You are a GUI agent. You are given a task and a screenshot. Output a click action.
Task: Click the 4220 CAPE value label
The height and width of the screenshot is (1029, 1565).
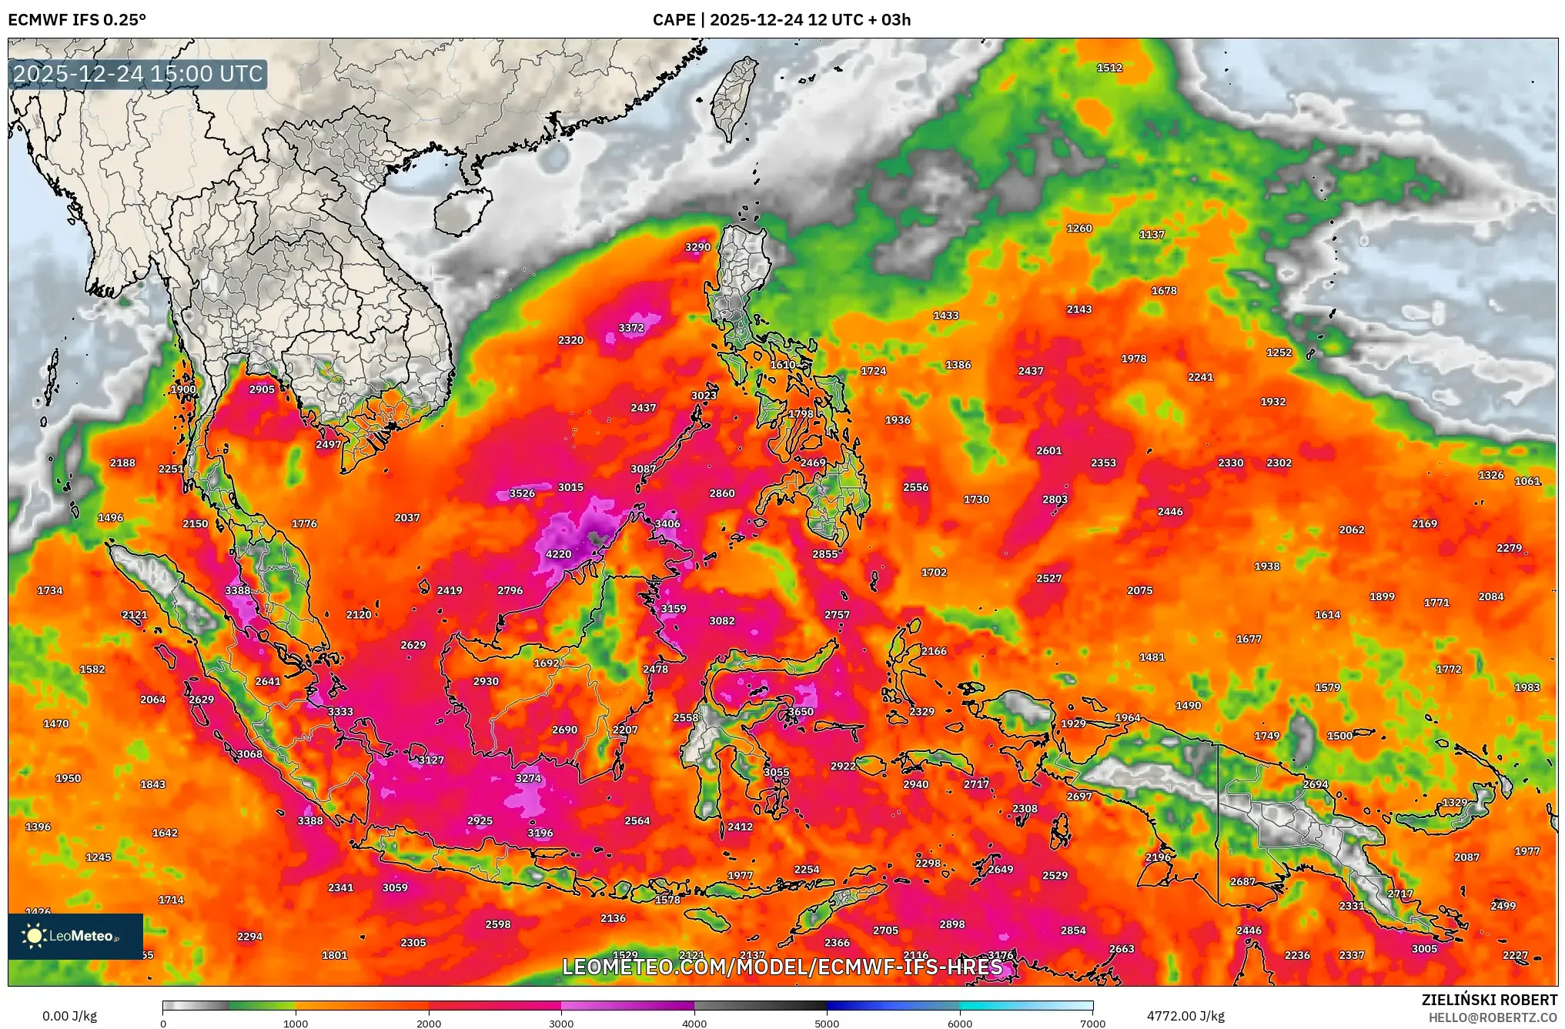(x=558, y=554)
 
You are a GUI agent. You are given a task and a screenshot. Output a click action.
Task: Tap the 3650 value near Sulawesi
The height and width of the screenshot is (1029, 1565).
(x=800, y=712)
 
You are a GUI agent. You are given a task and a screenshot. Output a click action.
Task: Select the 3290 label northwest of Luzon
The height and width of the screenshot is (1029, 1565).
(x=697, y=247)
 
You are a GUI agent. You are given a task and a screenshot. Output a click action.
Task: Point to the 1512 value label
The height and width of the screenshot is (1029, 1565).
(x=1109, y=68)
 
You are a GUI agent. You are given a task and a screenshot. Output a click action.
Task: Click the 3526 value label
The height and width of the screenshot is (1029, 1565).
(x=522, y=493)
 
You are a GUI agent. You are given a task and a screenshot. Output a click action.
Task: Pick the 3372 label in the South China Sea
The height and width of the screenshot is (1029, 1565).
(x=630, y=328)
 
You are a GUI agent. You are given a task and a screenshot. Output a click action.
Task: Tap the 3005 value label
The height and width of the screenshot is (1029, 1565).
(x=1424, y=949)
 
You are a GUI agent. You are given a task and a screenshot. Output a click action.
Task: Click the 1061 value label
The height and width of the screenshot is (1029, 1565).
(x=1527, y=481)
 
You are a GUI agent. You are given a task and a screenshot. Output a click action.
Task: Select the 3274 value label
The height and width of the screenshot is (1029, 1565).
(x=528, y=778)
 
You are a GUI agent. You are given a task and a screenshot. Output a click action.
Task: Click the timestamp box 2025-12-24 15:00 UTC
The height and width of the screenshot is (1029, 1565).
(x=139, y=74)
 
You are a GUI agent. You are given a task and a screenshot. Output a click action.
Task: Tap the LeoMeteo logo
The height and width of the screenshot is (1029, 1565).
(x=75, y=936)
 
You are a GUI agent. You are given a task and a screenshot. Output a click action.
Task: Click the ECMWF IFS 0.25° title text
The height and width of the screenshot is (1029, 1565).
(x=77, y=20)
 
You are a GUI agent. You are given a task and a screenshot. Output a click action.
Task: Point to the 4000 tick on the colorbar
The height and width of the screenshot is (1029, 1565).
(x=694, y=1024)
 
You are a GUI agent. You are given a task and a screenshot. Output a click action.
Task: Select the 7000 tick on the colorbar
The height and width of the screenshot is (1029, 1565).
(x=1092, y=1024)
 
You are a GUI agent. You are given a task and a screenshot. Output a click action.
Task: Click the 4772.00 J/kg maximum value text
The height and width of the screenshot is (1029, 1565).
(x=1185, y=1016)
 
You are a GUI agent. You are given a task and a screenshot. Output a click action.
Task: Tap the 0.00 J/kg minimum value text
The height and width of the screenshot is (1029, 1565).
(x=69, y=1016)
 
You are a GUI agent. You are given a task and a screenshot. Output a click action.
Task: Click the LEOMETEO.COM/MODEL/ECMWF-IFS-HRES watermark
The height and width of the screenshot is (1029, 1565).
(x=782, y=967)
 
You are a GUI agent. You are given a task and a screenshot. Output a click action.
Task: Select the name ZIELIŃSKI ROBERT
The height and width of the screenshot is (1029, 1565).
(x=1489, y=1000)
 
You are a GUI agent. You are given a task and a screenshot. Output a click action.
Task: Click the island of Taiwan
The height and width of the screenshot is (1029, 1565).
(x=733, y=96)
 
